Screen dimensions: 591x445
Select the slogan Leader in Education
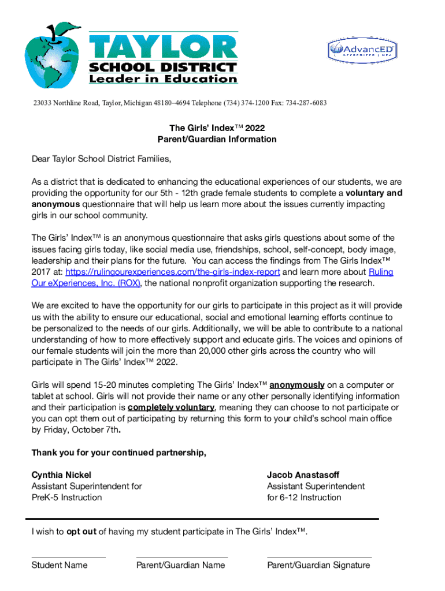point(163,79)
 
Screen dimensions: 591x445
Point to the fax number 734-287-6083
point(305,103)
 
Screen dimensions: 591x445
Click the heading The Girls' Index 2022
point(217,128)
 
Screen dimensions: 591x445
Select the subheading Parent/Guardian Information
point(217,139)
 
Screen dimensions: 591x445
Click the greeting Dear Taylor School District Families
point(102,159)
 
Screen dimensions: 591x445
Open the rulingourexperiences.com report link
point(173,272)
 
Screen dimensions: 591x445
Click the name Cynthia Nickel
point(61,475)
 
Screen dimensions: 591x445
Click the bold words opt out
point(81,532)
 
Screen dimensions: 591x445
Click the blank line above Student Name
point(68,558)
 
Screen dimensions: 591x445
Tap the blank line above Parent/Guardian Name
point(181,558)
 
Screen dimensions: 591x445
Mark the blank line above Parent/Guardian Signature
point(319,558)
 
